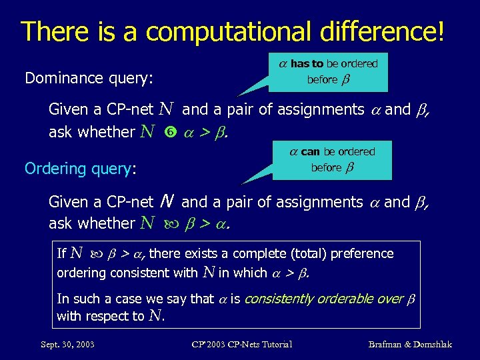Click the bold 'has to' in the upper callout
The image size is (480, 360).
point(307,64)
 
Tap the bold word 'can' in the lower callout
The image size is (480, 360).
point(310,152)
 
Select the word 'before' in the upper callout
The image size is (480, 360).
point(322,80)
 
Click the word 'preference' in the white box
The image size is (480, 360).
point(367,254)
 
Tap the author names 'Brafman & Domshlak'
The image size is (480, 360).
point(410,344)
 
